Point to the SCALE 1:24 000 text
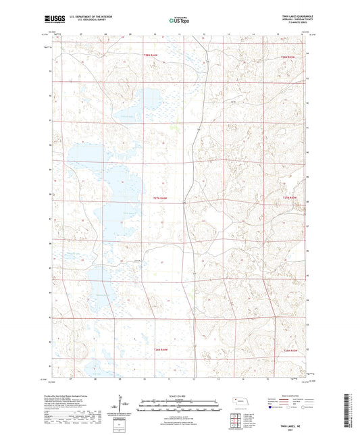[179, 395]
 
